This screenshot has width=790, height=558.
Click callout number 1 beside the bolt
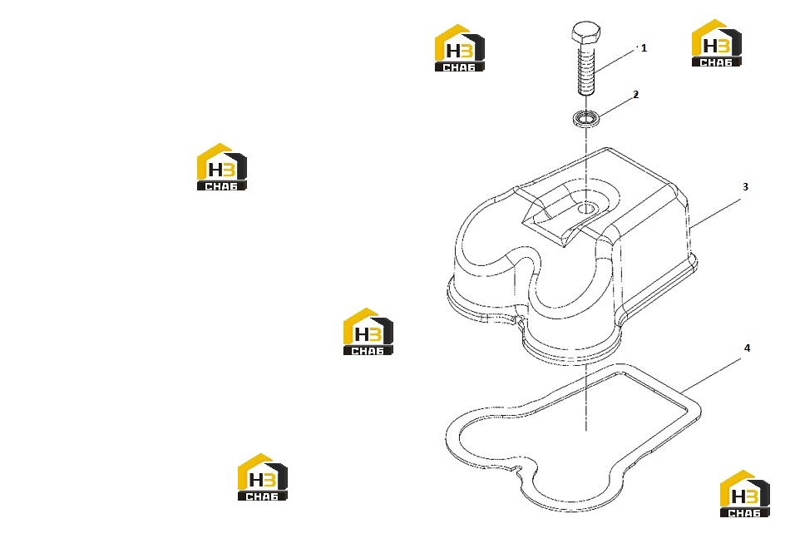click(x=644, y=48)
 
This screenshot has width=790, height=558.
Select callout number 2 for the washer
click(x=636, y=95)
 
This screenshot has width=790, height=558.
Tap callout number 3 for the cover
click(x=746, y=187)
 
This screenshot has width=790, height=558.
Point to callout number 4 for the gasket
click(x=748, y=348)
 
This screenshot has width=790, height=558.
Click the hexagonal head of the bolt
click(x=586, y=32)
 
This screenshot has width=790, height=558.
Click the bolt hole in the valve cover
click(x=586, y=208)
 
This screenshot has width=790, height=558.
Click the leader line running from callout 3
click(x=715, y=213)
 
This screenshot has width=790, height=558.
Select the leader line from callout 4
click(x=713, y=375)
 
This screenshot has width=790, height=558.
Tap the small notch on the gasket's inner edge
click(x=516, y=469)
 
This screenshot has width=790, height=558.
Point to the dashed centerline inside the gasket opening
click(x=586, y=398)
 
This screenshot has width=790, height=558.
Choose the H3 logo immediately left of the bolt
click(x=460, y=48)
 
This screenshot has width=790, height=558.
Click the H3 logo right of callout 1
click(x=717, y=43)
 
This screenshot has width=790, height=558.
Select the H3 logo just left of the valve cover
click(x=368, y=331)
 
